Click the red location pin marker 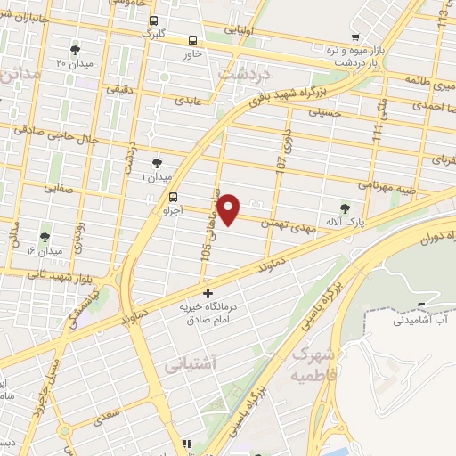[229, 209]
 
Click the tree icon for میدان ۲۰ [75, 50]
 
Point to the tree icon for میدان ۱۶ [45, 237]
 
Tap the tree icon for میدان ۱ [158, 162]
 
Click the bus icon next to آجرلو [173, 199]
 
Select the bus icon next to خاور [193, 39]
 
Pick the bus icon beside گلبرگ [153, 20]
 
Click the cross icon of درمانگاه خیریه [208, 293]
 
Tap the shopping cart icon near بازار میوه [355, 37]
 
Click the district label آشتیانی [189, 365]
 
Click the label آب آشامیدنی [422, 318]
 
